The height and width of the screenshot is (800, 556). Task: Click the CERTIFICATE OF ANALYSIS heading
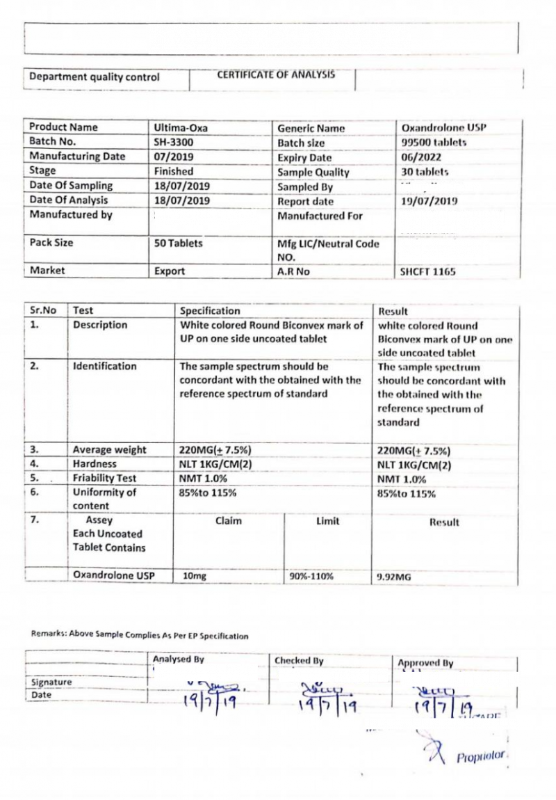click(275, 76)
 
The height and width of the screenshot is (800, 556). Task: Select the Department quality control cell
click(95, 77)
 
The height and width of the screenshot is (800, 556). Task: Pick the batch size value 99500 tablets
click(434, 143)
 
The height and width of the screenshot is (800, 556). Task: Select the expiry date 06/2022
click(421, 157)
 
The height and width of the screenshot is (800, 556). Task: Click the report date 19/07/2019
click(429, 201)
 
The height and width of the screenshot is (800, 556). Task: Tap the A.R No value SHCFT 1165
click(427, 272)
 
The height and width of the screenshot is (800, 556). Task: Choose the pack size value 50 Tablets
click(179, 243)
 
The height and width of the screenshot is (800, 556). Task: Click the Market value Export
click(170, 272)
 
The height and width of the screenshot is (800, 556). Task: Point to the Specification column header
click(210, 311)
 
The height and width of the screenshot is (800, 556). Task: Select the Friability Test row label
click(104, 479)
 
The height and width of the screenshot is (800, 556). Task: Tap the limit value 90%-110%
click(312, 576)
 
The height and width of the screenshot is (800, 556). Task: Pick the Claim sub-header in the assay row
click(229, 521)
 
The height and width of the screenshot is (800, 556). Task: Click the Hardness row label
click(95, 464)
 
